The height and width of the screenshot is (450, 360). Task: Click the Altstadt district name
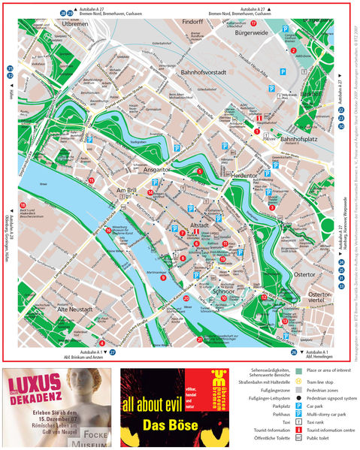pyautogui.click(x=199, y=225)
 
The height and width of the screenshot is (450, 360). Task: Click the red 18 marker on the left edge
pyautogui.click(x=23, y=205)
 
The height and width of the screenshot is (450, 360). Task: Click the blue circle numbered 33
pyautogui.click(x=341, y=261)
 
